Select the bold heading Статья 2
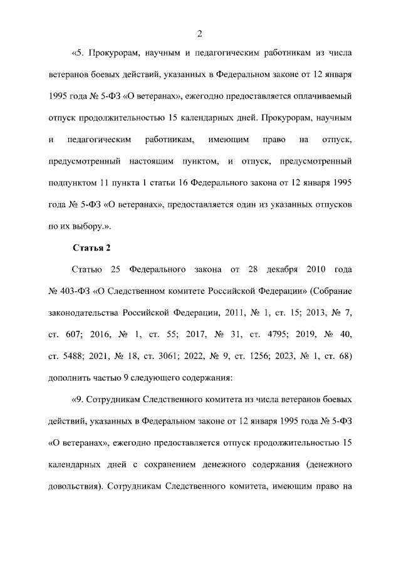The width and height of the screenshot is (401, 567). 91,247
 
